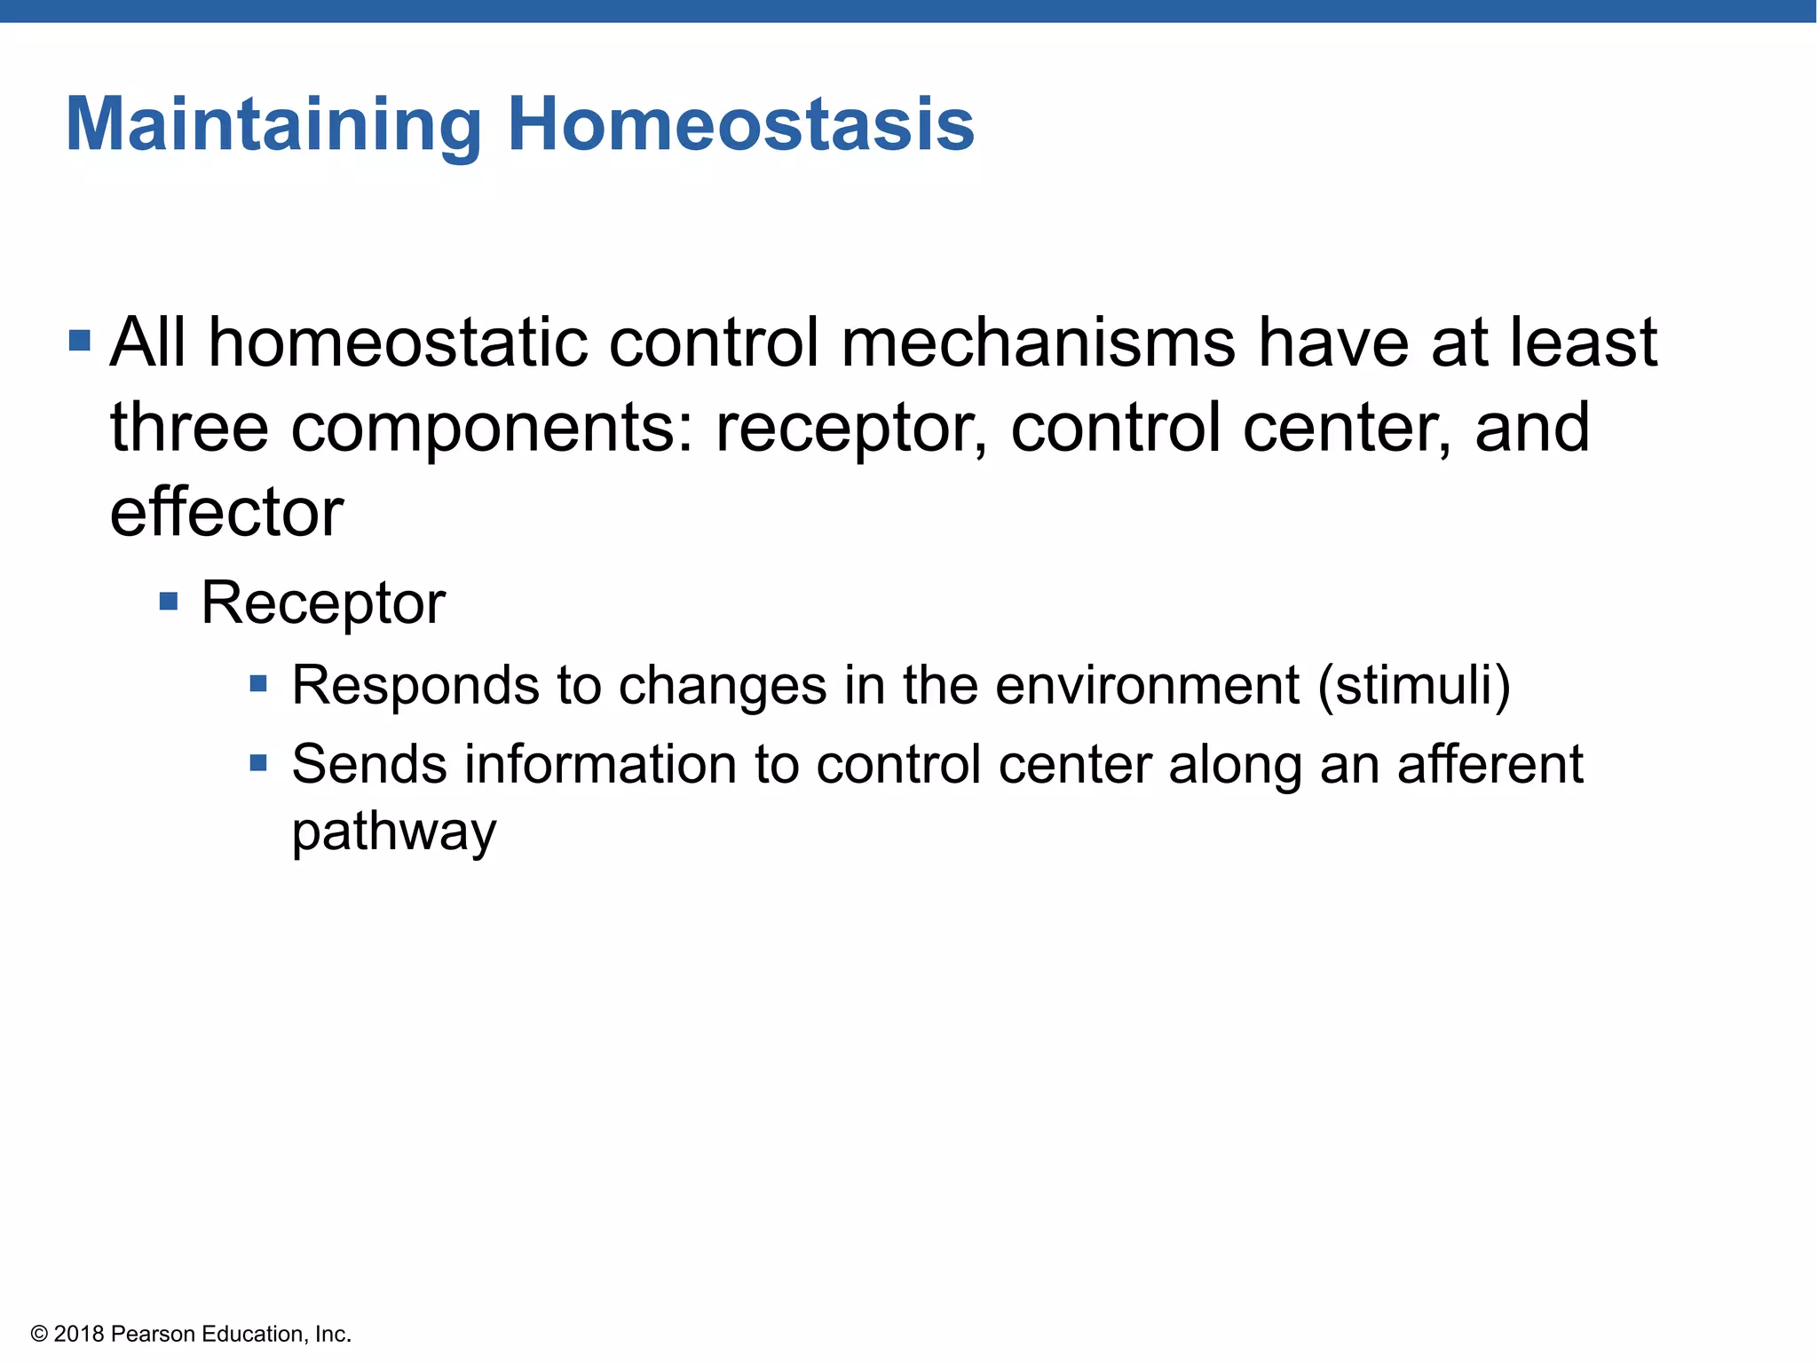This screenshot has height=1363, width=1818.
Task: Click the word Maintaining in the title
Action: [x=273, y=126]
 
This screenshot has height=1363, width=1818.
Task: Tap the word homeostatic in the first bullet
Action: [x=398, y=343]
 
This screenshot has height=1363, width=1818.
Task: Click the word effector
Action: [x=226, y=513]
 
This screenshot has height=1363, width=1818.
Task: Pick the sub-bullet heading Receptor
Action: [x=323, y=603]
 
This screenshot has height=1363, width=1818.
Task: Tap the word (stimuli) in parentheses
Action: [x=1414, y=686]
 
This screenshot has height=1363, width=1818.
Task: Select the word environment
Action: [x=1147, y=686]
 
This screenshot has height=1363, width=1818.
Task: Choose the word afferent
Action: [x=1490, y=765]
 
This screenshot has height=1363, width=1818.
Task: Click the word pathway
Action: [x=394, y=833]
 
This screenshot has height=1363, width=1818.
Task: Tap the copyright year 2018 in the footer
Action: [x=79, y=1334]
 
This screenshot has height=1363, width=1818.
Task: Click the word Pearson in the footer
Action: [x=154, y=1334]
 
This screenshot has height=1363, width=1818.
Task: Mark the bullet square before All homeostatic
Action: [x=80, y=341]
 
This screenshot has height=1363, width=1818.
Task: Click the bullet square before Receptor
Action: [x=169, y=603]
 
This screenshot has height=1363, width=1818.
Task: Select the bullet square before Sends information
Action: [x=258, y=763]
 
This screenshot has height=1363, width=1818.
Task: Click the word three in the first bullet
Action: [x=189, y=429]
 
